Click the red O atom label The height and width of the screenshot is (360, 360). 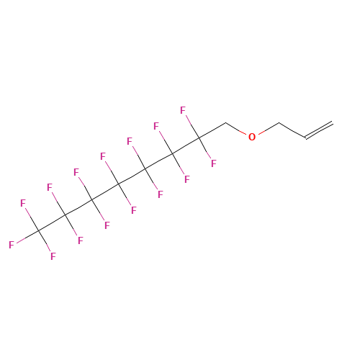click(252, 137)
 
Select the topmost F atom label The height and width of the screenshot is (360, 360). click(183, 110)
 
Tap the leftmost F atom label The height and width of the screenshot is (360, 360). click(12, 245)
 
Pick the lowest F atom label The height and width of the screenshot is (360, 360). click(53, 256)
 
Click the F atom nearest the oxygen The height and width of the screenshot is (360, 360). click(214, 163)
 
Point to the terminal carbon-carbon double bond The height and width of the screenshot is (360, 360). click(319, 130)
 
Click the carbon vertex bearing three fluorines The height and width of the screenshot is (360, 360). click(38, 230)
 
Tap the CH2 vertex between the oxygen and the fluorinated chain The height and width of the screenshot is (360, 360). click(225, 123)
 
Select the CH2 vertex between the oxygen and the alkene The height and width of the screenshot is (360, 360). click(279, 123)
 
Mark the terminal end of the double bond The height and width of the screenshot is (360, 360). click(333, 123)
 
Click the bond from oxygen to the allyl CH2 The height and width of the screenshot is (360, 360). click(269, 128)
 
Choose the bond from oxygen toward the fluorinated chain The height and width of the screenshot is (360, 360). click(236, 129)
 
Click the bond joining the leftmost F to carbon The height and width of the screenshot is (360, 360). click(27, 237)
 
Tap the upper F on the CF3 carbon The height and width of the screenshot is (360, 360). click(23, 203)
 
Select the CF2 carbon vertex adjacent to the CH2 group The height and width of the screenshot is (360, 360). click(199, 138)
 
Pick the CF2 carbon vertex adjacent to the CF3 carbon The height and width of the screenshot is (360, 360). click(66, 215)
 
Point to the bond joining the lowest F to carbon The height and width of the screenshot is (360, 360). click(45, 241)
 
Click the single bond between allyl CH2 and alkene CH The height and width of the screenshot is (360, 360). click(292, 130)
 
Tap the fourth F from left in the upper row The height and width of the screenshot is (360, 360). click(103, 156)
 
